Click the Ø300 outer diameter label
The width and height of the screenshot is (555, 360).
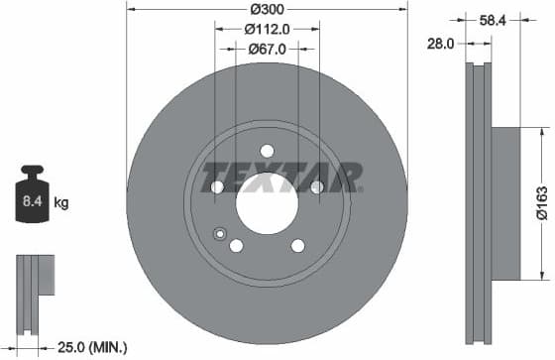[268, 9]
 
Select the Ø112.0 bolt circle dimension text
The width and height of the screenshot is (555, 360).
[268, 30]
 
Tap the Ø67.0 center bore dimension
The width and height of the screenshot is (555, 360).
[267, 48]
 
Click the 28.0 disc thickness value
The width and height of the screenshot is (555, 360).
[442, 44]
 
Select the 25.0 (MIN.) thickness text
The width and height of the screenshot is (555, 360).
[92, 346]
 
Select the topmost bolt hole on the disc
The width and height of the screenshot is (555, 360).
[267, 151]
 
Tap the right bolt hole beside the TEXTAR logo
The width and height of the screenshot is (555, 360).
[316, 186]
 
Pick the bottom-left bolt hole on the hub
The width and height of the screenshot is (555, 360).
[237, 246]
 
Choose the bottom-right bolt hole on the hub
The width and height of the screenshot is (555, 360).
[297, 246]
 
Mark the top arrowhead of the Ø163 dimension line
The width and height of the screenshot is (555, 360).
[542, 132]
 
